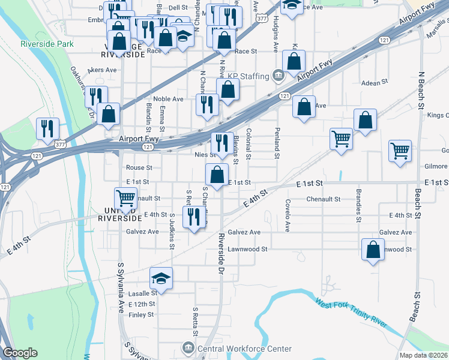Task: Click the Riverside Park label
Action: pyautogui.click(x=47, y=44)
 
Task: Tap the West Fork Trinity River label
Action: pyautogui.click(x=351, y=313)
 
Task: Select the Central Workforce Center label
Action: pyautogui.click(x=244, y=349)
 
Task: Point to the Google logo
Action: pyautogui.click(x=20, y=353)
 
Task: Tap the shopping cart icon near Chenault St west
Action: pyautogui.click(x=126, y=197)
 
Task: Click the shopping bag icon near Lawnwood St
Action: pyautogui.click(x=373, y=250)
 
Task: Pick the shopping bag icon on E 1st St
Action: pyautogui.click(x=217, y=175)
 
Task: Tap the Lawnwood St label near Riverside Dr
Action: pyautogui.click(x=252, y=248)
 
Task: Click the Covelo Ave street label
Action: pyautogui.click(x=288, y=215)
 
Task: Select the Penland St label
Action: pyautogui.click(x=277, y=143)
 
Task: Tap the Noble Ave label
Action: pyautogui.click(x=168, y=99)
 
